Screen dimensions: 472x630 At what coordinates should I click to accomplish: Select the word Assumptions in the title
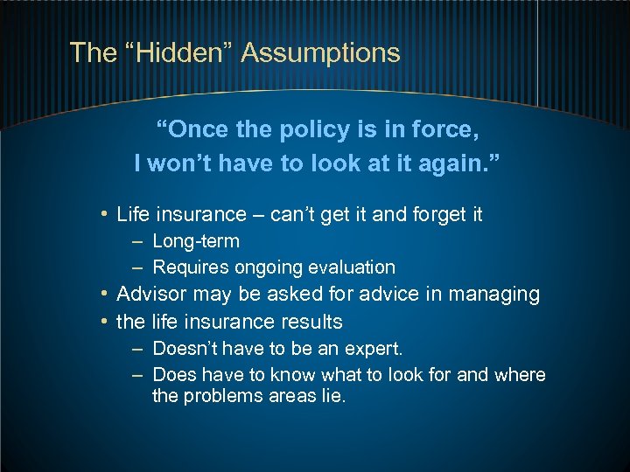point(320,53)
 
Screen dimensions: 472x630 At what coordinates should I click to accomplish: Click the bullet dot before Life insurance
point(104,214)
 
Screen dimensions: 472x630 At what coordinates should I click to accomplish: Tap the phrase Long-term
point(195,241)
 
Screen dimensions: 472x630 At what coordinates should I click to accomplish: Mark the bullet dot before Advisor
point(104,295)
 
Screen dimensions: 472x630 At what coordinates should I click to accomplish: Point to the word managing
point(500,295)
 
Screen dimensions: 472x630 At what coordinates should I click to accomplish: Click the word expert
point(370,349)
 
